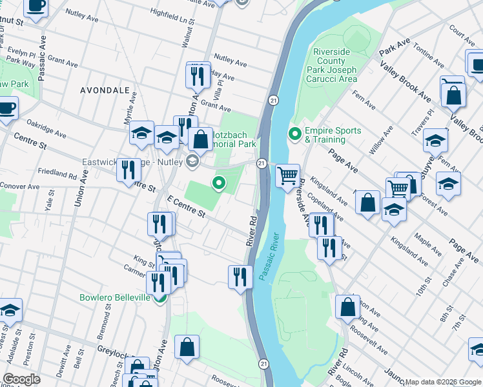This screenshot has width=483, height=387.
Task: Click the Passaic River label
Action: (270, 256)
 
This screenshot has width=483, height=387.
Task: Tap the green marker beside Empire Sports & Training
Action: (295, 135)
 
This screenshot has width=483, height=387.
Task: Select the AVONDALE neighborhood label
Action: (105, 91)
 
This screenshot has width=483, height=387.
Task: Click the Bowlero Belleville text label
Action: (115, 297)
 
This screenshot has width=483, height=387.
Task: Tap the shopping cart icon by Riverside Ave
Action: (287, 175)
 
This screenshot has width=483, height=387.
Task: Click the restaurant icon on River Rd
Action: (240, 277)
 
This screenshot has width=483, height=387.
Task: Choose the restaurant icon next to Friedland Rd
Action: (128, 170)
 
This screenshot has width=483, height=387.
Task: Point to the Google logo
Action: (22, 379)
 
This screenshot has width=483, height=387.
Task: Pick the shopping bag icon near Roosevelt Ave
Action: (347, 307)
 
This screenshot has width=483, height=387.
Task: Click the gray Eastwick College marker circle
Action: (192, 161)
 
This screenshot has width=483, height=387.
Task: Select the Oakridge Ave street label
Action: (46, 128)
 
